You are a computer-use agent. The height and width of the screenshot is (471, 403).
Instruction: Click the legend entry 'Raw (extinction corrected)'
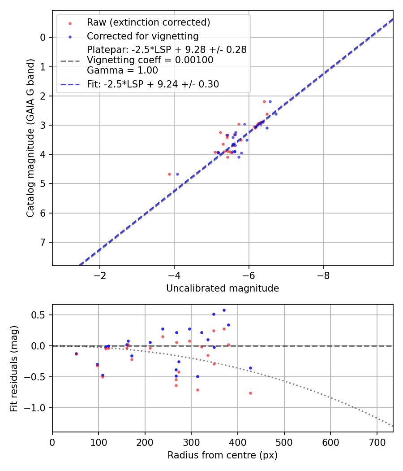click(x=148, y=22)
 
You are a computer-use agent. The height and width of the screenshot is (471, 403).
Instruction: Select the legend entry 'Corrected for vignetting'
click(x=142, y=36)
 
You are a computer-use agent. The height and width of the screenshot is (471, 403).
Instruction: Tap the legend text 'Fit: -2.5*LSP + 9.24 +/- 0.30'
click(x=153, y=84)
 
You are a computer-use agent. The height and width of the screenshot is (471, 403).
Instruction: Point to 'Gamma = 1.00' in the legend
click(x=122, y=70)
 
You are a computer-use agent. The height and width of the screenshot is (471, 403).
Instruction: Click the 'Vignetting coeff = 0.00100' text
click(x=150, y=60)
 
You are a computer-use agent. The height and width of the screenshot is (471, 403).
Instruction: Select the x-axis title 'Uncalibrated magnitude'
click(x=223, y=288)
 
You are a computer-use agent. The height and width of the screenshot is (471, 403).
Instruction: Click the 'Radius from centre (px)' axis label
click(x=223, y=455)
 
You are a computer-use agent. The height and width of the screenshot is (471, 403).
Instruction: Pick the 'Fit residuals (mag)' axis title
click(x=14, y=368)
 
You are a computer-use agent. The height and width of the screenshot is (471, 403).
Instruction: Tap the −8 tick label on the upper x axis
click(x=323, y=276)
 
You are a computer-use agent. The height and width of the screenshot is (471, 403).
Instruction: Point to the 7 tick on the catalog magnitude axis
click(x=43, y=243)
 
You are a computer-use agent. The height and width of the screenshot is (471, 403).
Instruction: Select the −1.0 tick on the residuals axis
click(x=38, y=408)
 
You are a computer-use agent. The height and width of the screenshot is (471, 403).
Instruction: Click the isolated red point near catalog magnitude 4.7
click(x=169, y=174)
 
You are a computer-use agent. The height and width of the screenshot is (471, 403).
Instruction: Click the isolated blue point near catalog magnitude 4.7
click(x=177, y=174)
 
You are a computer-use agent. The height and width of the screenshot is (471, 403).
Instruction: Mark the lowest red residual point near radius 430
click(x=250, y=393)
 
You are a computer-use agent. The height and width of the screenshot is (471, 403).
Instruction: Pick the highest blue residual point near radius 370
click(x=224, y=310)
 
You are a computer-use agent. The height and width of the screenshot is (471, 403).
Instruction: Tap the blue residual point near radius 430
click(x=250, y=368)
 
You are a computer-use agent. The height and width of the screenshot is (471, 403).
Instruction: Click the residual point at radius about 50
click(x=76, y=354)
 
